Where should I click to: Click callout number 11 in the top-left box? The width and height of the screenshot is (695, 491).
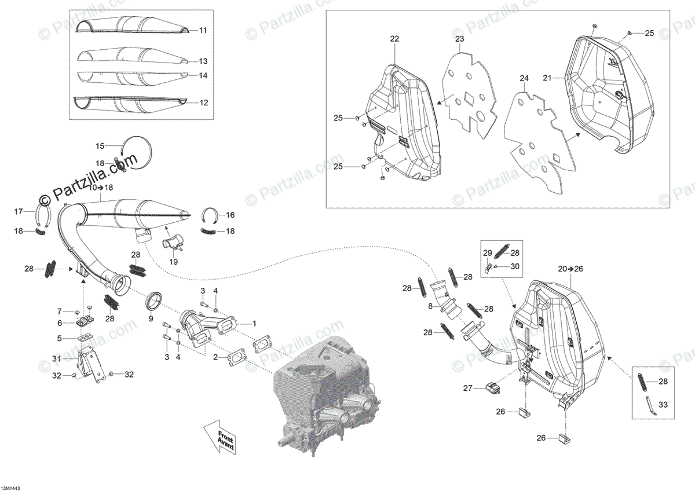point(203,30)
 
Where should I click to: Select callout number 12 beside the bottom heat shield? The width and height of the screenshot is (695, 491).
point(203,102)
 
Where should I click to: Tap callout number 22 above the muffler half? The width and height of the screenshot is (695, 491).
point(394,39)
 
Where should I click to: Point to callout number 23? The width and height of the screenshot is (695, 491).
point(459,39)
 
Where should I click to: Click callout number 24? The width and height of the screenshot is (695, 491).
point(524,78)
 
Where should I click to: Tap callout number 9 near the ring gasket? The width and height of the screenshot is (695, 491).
point(151,318)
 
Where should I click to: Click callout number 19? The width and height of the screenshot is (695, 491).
point(174,262)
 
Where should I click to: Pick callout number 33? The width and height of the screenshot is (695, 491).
point(663,405)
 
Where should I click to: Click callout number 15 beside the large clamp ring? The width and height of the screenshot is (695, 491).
point(100,146)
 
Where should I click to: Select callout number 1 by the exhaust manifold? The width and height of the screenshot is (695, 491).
point(253,323)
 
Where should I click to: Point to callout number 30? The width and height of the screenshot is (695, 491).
point(514,266)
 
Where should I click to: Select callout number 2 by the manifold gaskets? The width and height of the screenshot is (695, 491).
point(215,358)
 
